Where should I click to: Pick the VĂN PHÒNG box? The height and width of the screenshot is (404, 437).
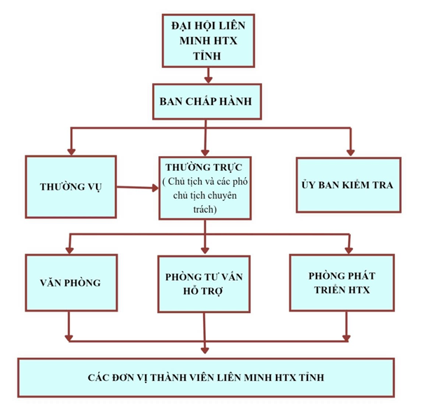click(70, 284)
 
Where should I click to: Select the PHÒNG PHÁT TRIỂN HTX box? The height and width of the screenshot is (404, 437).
click(341, 282)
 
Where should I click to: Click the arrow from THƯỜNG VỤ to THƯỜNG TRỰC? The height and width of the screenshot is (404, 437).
click(137, 187)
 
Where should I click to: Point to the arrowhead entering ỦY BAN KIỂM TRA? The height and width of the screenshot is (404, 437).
click(349, 150)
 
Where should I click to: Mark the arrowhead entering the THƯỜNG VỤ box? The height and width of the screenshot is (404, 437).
click(69, 150)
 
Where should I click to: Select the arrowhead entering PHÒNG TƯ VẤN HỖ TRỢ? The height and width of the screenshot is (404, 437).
click(204, 249)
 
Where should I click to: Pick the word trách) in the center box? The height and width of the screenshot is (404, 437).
click(203, 209)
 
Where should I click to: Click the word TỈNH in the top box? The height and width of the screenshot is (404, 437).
click(204, 56)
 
